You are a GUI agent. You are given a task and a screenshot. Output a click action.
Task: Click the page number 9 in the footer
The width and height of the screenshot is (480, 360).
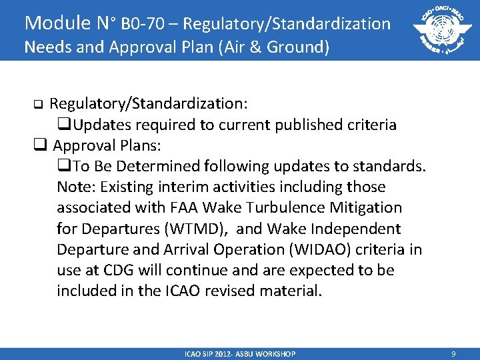(453, 354)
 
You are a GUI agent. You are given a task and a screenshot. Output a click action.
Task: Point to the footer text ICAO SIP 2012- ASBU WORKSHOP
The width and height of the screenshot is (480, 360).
(240, 354)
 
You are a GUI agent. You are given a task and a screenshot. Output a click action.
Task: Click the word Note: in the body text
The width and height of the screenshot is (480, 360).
(75, 187)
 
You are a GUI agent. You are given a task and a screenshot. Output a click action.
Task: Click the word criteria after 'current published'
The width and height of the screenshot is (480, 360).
(373, 125)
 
